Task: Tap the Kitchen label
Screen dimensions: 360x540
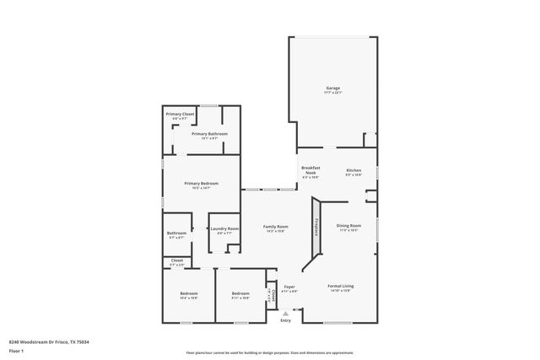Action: [354, 171]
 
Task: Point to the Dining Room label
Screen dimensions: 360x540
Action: [349, 226]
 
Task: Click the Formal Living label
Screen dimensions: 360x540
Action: [340, 287]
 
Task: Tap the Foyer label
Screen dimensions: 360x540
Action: [289, 287]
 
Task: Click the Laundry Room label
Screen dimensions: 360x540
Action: [224, 229]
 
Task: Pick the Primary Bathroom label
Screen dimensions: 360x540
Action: [209, 134]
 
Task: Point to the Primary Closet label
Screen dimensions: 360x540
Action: [180, 115]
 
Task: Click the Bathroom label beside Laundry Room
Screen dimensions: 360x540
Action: [176, 234]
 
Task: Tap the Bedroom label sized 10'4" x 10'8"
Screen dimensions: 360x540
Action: [188, 294]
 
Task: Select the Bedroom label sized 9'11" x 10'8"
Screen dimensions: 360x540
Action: [240, 294]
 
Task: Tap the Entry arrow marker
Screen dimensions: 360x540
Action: [285, 313]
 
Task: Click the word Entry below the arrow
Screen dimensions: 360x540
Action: [285, 320]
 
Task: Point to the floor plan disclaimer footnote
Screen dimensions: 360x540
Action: [270, 352]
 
